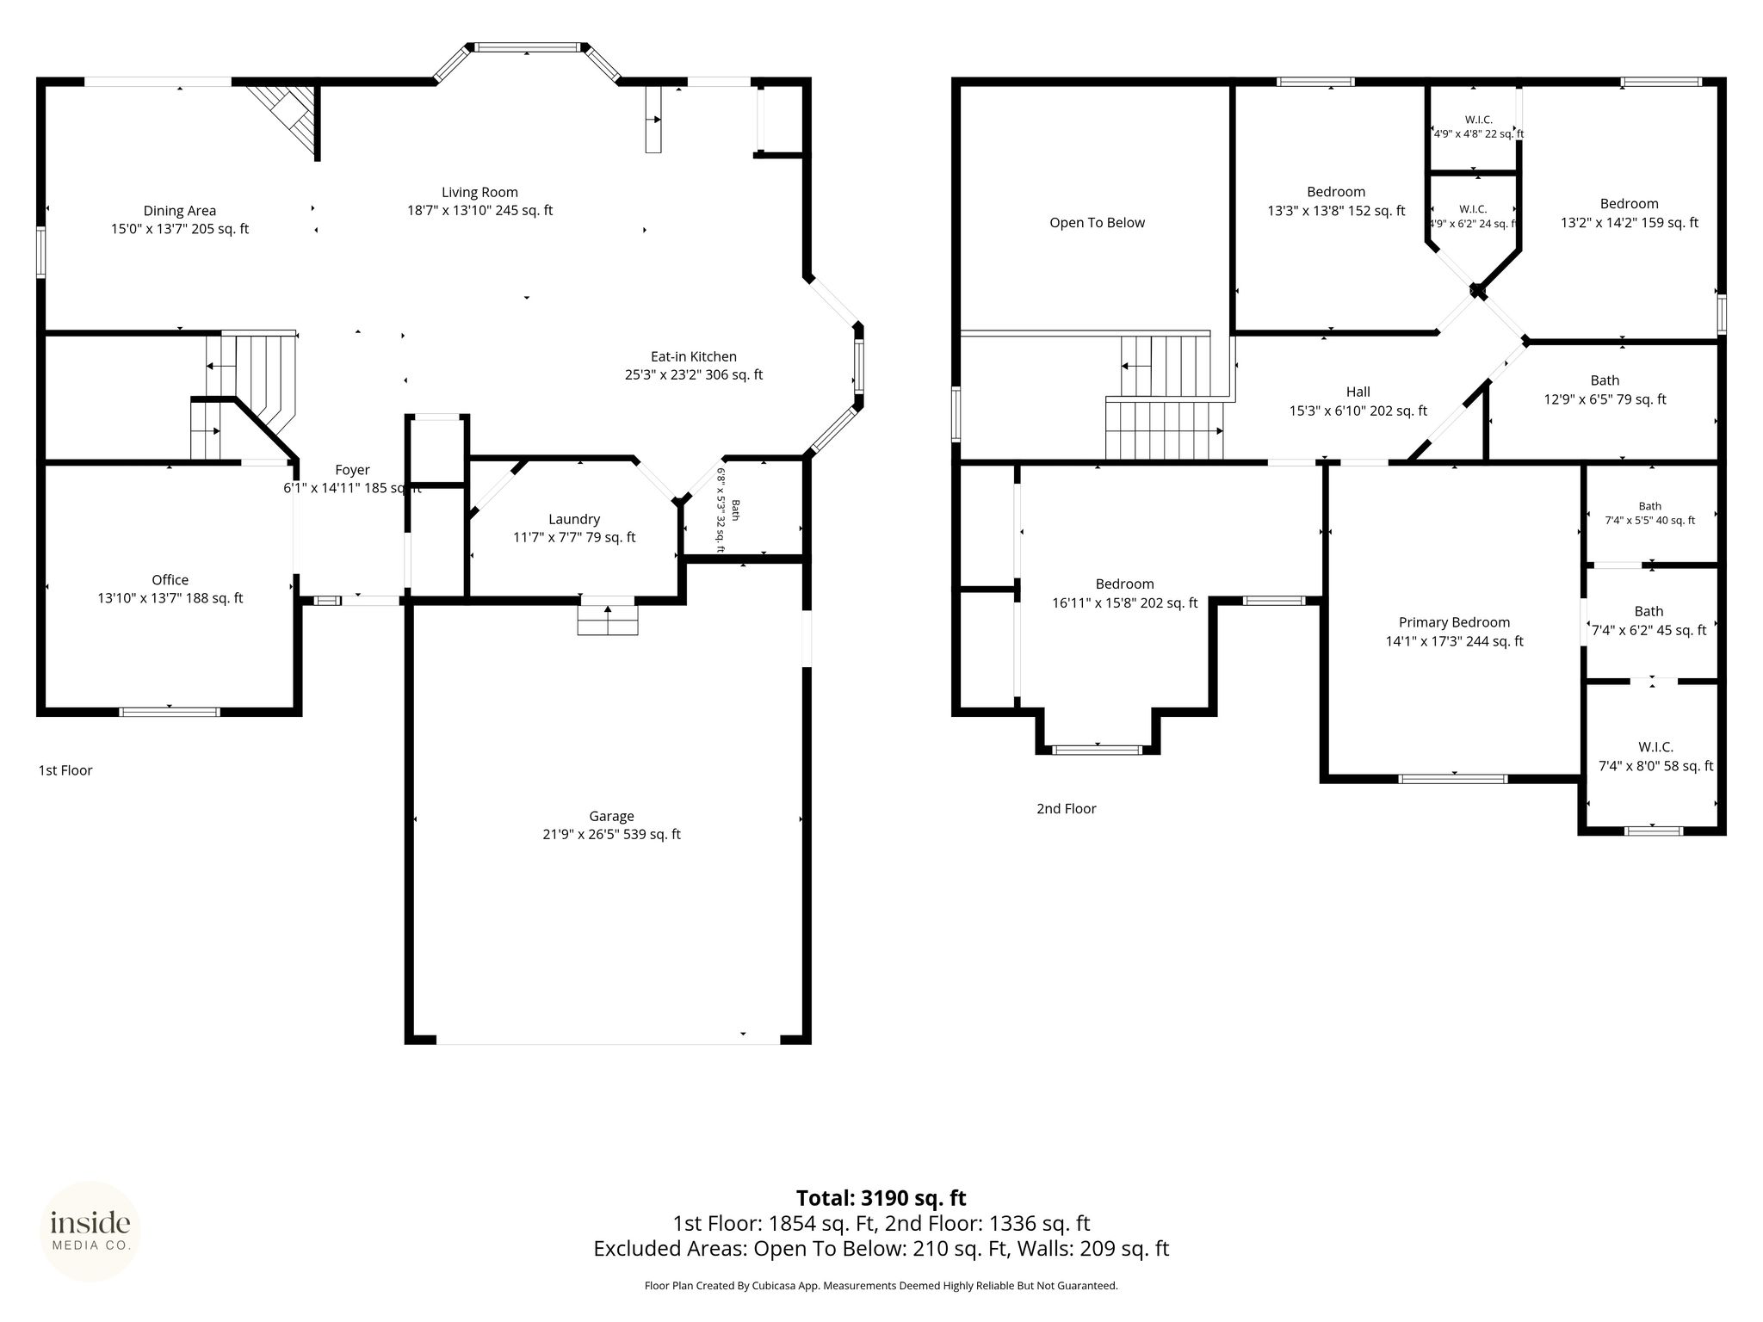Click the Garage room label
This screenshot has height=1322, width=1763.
[x=611, y=816]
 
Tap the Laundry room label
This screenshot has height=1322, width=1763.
[x=574, y=519]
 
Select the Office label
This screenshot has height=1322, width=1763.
[x=170, y=580]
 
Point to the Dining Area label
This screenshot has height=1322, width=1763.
[x=180, y=211]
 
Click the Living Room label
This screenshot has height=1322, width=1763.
[x=479, y=193]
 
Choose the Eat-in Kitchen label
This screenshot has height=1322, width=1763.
[x=694, y=356]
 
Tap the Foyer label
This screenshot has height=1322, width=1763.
[x=352, y=470]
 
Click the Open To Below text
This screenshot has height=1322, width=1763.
[x=1098, y=223]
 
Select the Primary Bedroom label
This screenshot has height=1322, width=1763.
[x=1454, y=622]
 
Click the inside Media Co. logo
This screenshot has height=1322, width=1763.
[x=90, y=1231]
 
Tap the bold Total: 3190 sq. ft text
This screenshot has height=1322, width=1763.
[x=881, y=1198]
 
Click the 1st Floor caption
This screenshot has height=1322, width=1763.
[x=65, y=770]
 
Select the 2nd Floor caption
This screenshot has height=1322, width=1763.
[x=1066, y=809]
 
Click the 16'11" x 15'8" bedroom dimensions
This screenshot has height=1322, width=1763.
[x=1124, y=603]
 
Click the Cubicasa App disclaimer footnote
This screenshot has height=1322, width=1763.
[x=881, y=1286]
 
